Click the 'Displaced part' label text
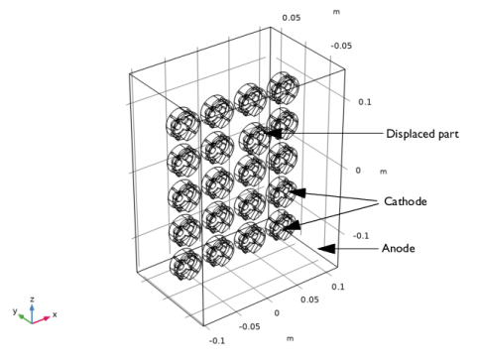pyautogui.click(x=422, y=134)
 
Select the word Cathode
pyautogui.click(x=406, y=201)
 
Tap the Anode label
pyautogui.click(x=399, y=248)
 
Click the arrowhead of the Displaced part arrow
pyautogui.click(x=273, y=133)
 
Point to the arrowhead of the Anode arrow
pyautogui.click(x=326, y=249)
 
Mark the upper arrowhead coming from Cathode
pyautogui.click(x=298, y=192)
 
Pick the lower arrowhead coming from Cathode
pyautogui.click(x=292, y=226)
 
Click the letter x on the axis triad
pyautogui.click(x=55, y=314)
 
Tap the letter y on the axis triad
pyautogui.click(x=15, y=310)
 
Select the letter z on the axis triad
pyautogui.click(x=32, y=300)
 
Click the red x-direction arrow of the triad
pyautogui.click(x=41, y=320)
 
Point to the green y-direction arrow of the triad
pyautogui.click(x=25, y=318)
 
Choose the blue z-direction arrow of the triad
pyautogui.click(x=32, y=313)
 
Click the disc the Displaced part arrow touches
pyautogui.click(x=254, y=139)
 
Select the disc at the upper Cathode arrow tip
pyautogui.click(x=282, y=192)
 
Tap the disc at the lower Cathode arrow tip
pyautogui.click(x=280, y=225)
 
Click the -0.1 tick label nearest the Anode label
pyautogui.click(x=361, y=236)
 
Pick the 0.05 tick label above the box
pyautogui.click(x=292, y=18)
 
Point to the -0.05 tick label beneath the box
pyautogui.click(x=249, y=326)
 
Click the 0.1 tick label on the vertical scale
pyautogui.click(x=365, y=102)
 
